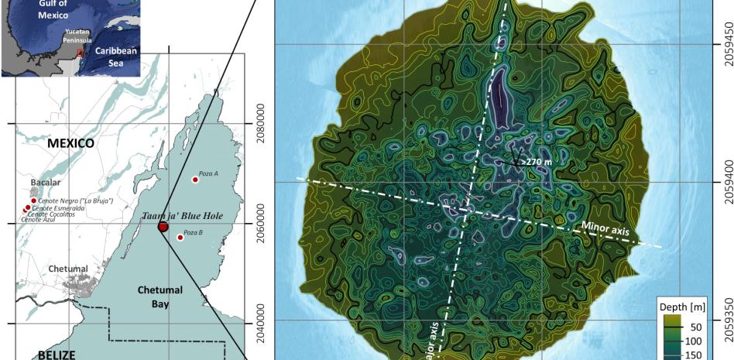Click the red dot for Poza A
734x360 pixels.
click(x=195, y=180)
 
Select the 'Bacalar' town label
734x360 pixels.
click(x=45, y=183)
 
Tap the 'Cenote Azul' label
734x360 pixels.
click(x=39, y=220)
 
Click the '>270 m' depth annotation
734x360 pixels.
click(x=535, y=162)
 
